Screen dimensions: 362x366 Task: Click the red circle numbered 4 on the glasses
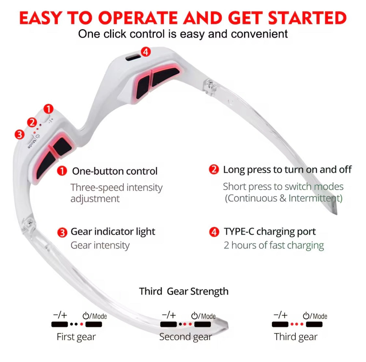[145, 51]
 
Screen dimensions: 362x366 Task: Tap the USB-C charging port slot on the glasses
[132, 58]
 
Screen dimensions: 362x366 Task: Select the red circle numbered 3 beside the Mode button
[20, 134]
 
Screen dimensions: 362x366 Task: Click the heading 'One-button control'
[115, 171]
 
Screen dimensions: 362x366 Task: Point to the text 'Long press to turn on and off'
[287, 170]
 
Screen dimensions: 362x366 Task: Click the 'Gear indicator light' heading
[113, 231]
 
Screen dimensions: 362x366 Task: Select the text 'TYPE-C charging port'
[269, 231]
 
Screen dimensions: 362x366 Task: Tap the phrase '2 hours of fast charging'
[274, 245]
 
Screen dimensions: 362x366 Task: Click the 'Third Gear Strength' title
[183, 291]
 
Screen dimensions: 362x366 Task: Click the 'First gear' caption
[76, 337]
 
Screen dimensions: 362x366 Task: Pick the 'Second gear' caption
[185, 337]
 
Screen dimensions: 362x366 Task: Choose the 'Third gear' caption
[295, 337]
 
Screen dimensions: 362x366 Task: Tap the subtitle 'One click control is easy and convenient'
[183, 34]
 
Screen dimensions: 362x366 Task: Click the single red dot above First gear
[81, 324]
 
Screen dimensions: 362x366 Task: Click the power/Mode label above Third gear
[315, 316]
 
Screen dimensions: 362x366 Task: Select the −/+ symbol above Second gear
[169, 315]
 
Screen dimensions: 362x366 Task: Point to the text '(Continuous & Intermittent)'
[283, 198]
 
